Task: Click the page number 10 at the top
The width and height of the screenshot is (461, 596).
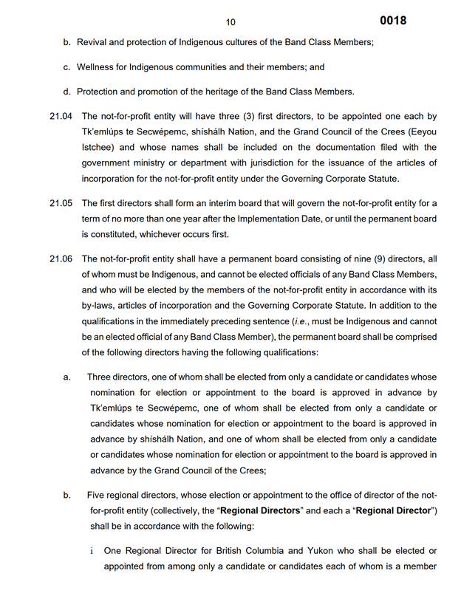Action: point(230,23)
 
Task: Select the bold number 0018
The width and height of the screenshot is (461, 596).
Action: point(393,21)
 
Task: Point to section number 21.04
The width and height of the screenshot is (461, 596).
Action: point(61,116)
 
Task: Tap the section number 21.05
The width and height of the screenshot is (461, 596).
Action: point(61,203)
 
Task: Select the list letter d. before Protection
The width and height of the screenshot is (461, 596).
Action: point(67,92)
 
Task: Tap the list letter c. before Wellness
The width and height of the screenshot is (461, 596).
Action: point(67,67)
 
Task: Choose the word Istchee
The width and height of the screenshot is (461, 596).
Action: point(98,147)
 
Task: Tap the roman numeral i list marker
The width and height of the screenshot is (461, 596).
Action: point(92,551)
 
